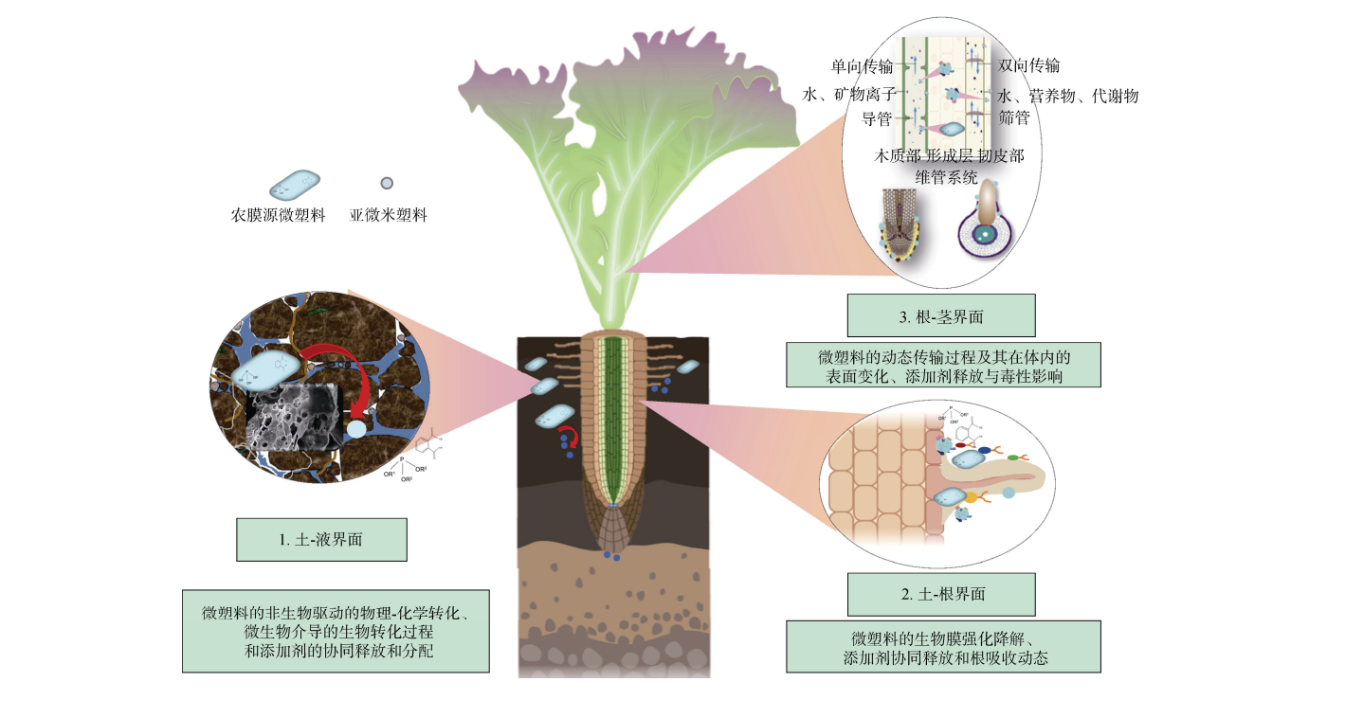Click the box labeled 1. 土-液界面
[x=321, y=540]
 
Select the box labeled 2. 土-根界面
[x=943, y=595]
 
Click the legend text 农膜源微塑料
[x=279, y=215]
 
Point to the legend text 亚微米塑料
[x=388, y=215]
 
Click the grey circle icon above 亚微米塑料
[x=387, y=183]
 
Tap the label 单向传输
[x=862, y=66]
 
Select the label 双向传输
[x=1028, y=65]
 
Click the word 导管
[x=875, y=118]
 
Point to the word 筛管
[x=1013, y=118]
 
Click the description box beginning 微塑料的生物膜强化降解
[x=943, y=647]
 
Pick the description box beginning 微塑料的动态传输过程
[x=943, y=365]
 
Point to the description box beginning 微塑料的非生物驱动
[x=336, y=631]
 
